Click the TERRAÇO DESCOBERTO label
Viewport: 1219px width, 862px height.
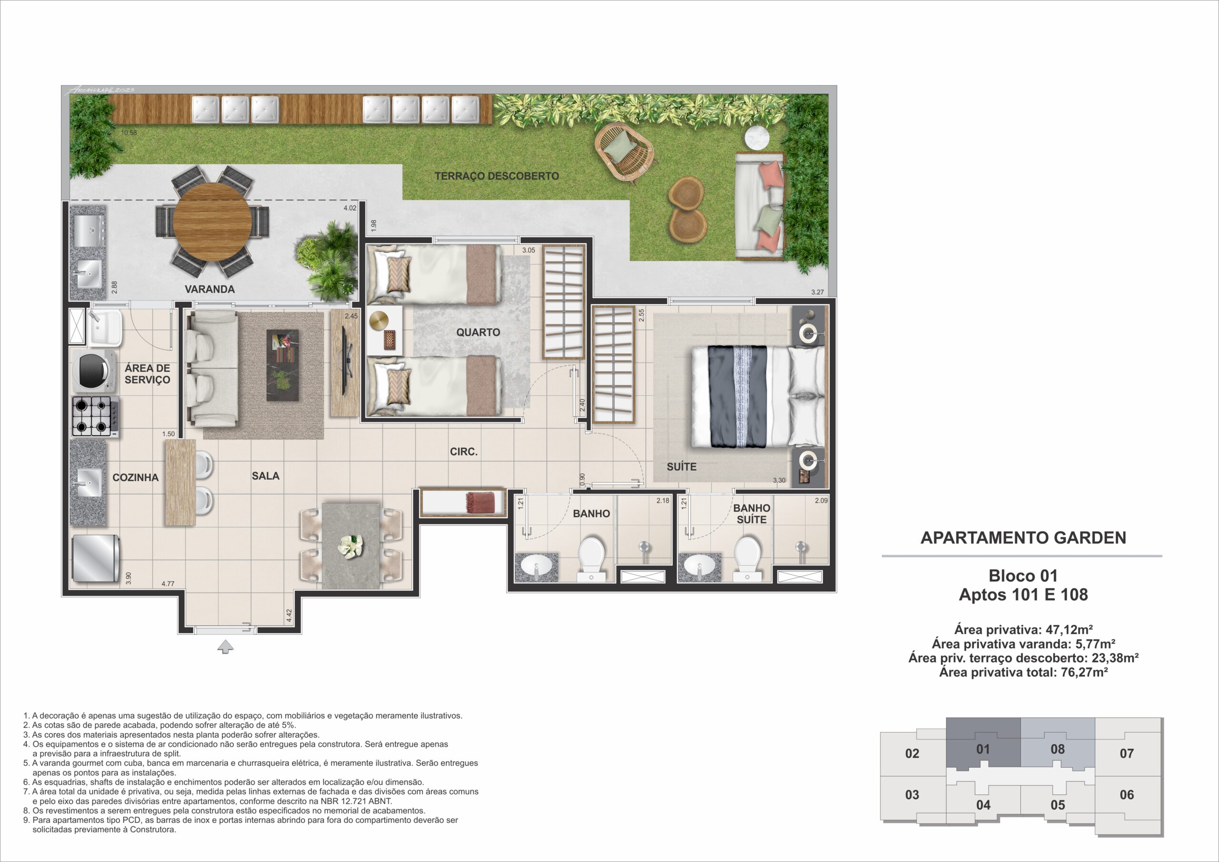[497, 176]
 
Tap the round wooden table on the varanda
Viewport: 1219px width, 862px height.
[212, 221]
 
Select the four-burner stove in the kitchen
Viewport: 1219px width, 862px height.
[94, 416]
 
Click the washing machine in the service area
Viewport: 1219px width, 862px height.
[94, 369]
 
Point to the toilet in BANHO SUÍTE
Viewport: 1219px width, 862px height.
[747, 558]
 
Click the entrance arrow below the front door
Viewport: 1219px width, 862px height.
[226, 646]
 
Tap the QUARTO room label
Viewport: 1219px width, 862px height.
[478, 332]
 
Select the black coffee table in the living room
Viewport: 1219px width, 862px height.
[282, 365]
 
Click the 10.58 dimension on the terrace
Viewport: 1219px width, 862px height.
[129, 133]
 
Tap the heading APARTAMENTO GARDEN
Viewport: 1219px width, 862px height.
[1023, 538]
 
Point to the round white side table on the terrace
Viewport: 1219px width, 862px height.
[757, 139]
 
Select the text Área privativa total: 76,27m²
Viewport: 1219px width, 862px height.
[1023, 672]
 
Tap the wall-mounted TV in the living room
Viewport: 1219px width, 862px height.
[346, 360]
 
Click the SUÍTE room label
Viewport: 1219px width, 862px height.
[681, 467]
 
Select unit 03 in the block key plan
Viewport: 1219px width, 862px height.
[912, 794]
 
